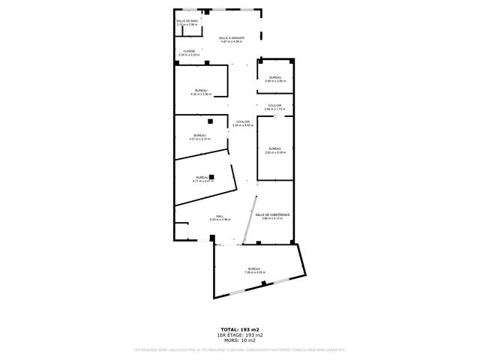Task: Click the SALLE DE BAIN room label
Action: point(187,22)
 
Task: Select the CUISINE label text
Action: point(188,52)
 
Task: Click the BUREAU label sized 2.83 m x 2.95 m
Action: point(275,79)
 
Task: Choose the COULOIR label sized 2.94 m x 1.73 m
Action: point(274,107)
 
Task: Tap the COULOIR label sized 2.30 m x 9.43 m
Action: point(243,124)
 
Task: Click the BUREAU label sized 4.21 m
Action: point(199,137)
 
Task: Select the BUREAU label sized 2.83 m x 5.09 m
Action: point(274,150)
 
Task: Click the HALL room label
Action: point(220,217)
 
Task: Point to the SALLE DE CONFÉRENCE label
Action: point(273,216)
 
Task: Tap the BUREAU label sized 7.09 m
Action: point(254,270)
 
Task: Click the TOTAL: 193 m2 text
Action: point(240,329)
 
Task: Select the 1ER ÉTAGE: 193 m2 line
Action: point(240,334)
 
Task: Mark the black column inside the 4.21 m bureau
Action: point(211,121)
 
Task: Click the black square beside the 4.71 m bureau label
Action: point(212,176)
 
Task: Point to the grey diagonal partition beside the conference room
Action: point(250,220)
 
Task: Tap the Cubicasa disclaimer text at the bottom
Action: point(240,349)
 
